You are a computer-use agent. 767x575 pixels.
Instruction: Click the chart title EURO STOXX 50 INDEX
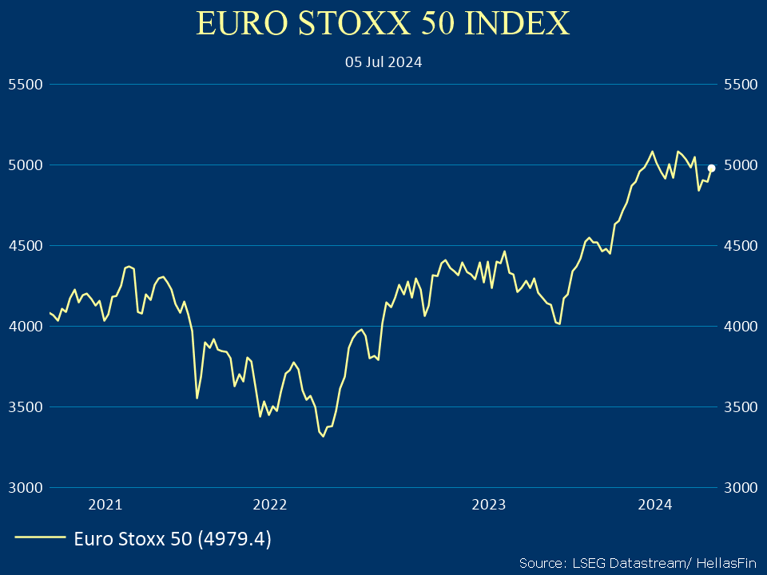[383, 24]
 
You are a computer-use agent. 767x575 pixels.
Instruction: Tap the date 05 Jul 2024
[383, 61]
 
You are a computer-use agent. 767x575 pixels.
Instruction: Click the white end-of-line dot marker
[711, 168]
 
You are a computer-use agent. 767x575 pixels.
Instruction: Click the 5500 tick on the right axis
[739, 84]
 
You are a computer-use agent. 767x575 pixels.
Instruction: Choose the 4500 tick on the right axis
[739, 245]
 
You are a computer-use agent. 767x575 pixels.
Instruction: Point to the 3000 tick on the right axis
[739, 487]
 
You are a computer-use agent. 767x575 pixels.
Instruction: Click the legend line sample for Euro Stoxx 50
[40, 538]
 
